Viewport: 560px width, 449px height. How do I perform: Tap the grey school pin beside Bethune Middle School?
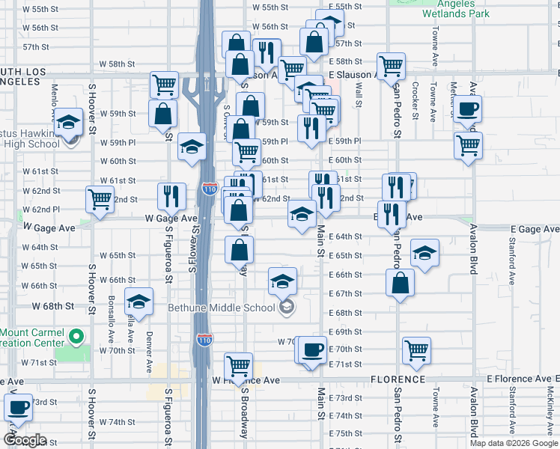tap(286, 307)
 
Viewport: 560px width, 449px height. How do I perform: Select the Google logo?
tap(25, 440)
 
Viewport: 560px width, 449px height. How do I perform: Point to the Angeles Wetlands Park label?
tap(455, 9)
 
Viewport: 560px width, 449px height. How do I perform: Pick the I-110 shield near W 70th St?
tap(205, 340)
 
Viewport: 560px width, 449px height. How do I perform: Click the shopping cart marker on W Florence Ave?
tap(238, 365)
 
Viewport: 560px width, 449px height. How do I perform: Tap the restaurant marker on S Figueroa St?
tap(172, 196)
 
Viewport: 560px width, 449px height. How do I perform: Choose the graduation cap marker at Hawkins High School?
tap(68, 121)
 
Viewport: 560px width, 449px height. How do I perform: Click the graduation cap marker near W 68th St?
tap(139, 301)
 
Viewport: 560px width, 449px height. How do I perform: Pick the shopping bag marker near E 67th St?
tap(401, 283)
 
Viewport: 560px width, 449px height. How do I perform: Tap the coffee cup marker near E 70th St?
tap(312, 349)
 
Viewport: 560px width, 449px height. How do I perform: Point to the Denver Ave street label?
tap(150, 344)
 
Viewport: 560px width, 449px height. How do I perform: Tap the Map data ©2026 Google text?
tap(513, 443)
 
